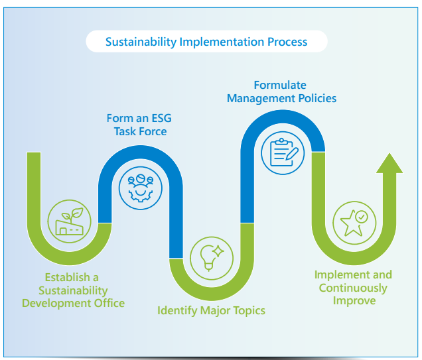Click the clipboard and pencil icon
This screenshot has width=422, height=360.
(x=283, y=151)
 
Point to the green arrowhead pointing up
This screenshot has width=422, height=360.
(x=389, y=163)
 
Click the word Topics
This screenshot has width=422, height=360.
(x=247, y=310)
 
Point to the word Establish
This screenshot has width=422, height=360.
(x=66, y=277)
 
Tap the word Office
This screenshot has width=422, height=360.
(x=109, y=303)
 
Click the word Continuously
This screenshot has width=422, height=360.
(x=353, y=288)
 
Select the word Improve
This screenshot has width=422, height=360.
(x=353, y=300)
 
